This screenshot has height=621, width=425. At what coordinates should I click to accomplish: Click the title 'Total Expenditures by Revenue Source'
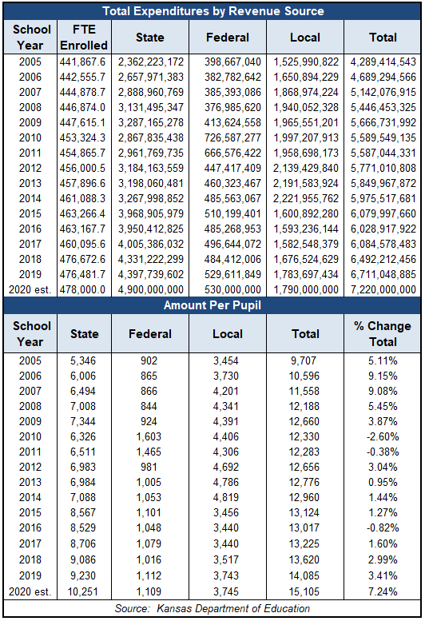click(x=212, y=11)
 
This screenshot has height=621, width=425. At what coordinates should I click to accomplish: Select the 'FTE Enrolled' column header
click(x=84, y=38)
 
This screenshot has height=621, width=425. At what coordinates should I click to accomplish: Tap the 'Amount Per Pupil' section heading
click(x=212, y=305)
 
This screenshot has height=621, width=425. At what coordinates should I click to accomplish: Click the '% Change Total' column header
click(x=383, y=333)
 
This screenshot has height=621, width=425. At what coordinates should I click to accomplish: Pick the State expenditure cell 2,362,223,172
click(x=151, y=62)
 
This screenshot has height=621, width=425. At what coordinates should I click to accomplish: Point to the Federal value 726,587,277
click(x=232, y=137)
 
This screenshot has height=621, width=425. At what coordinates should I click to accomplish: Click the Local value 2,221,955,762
click(x=305, y=198)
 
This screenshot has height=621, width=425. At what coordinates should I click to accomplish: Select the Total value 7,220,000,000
click(x=383, y=289)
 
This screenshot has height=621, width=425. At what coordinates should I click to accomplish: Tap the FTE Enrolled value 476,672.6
click(x=83, y=259)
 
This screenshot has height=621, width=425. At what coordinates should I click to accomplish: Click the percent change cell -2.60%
click(x=383, y=436)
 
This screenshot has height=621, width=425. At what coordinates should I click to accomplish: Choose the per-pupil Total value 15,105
click(x=304, y=591)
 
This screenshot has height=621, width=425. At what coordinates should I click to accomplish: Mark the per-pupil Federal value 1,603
click(x=149, y=436)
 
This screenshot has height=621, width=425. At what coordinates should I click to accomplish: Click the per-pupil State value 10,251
click(x=83, y=591)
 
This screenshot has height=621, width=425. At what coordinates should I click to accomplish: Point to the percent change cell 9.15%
click(x=383, y=376)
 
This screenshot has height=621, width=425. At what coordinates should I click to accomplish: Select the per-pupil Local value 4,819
click(x=226, y=497)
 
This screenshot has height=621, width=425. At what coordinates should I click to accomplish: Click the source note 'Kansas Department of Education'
click(x=233, y=608)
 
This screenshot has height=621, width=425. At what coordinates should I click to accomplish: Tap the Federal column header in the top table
click(x=228, y=38)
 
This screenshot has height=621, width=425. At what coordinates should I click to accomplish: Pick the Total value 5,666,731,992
click(x=383, y=123)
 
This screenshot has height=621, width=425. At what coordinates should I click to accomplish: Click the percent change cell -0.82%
click(x=383, y=528)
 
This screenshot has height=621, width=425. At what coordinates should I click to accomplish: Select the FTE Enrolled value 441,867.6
click(x=83, y=62)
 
